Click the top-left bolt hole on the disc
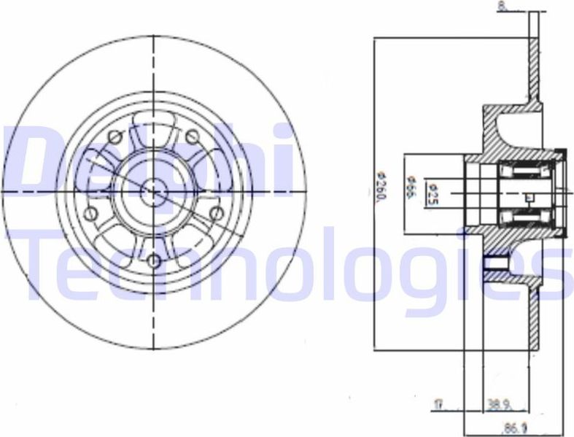[x=115, y=136]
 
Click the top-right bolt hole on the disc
[x=193, y=136]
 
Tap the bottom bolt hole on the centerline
[x=154, y=260]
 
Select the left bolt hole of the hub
[x=91, y=213]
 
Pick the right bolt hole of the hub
[x=216, y=212]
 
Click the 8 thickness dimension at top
[x=502, y=7]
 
